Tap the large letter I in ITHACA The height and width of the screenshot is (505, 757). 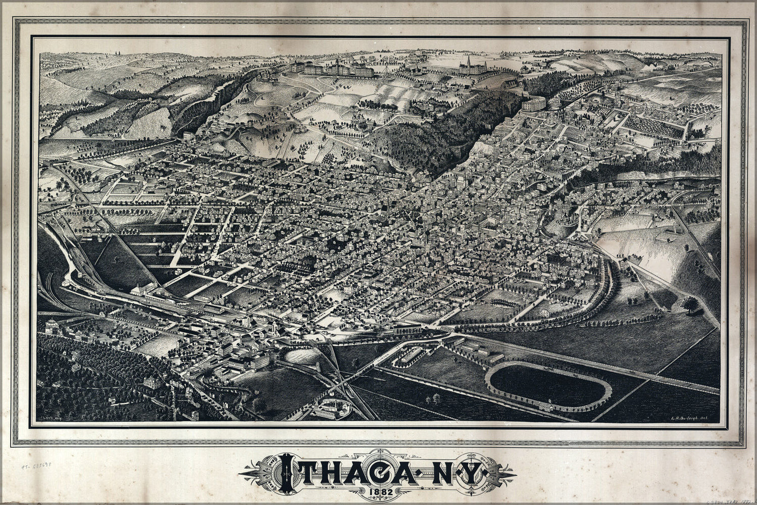[x=287, y=473]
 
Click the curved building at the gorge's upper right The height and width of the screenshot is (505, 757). [x=534, y=104]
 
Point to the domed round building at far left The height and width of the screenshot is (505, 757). [x=51, y=326]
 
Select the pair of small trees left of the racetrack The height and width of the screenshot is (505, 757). [x=433, y=398]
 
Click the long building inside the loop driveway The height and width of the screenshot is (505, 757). [x=413, y=356]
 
